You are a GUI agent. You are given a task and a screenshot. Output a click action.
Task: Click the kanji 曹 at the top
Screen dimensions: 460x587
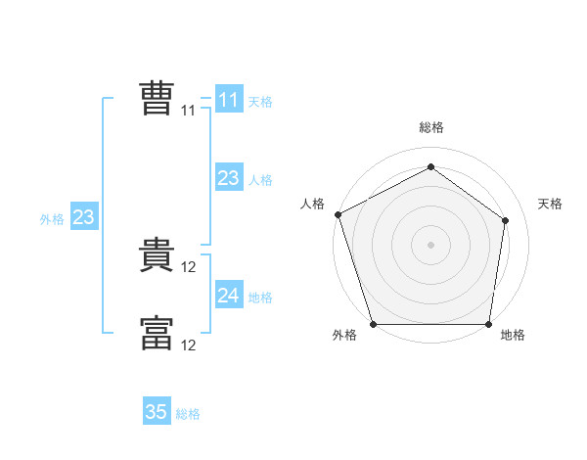[157, 99]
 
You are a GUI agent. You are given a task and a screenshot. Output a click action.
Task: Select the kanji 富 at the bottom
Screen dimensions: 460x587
[157, 333]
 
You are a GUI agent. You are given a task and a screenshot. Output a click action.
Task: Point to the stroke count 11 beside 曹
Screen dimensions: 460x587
[189, 111]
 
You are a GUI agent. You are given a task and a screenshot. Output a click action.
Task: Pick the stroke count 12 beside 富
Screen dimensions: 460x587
[190, 345]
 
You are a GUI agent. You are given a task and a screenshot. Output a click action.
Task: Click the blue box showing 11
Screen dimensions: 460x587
[229, 100]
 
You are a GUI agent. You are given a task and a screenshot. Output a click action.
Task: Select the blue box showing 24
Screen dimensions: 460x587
[229, 296]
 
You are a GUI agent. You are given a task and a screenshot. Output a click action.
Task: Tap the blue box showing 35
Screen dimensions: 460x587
[157, 412]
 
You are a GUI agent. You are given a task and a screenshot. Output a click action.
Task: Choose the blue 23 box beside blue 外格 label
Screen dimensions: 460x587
[83, 217]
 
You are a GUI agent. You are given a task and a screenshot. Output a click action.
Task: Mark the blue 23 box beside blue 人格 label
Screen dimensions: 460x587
[229, 178]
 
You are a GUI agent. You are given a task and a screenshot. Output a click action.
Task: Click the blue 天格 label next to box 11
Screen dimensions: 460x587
[260, 102]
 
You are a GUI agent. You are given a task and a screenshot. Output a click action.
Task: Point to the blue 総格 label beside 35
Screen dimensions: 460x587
[188, 414]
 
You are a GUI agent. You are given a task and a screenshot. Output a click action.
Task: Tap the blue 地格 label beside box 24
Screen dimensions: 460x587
[260, 298]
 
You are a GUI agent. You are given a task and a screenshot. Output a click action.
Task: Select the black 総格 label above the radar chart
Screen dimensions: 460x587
[431, 127]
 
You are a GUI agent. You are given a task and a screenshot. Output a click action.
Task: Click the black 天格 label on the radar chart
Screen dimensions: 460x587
[551, 204]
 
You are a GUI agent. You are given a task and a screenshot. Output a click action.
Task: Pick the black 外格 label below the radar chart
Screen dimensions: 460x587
[344, 336]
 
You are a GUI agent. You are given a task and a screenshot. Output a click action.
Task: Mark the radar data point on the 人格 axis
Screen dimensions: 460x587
[338, 214]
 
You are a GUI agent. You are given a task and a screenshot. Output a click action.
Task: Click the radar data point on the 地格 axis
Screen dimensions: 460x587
[489, 324]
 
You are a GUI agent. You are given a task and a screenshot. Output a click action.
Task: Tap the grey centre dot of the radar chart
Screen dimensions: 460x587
[431, 245]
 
